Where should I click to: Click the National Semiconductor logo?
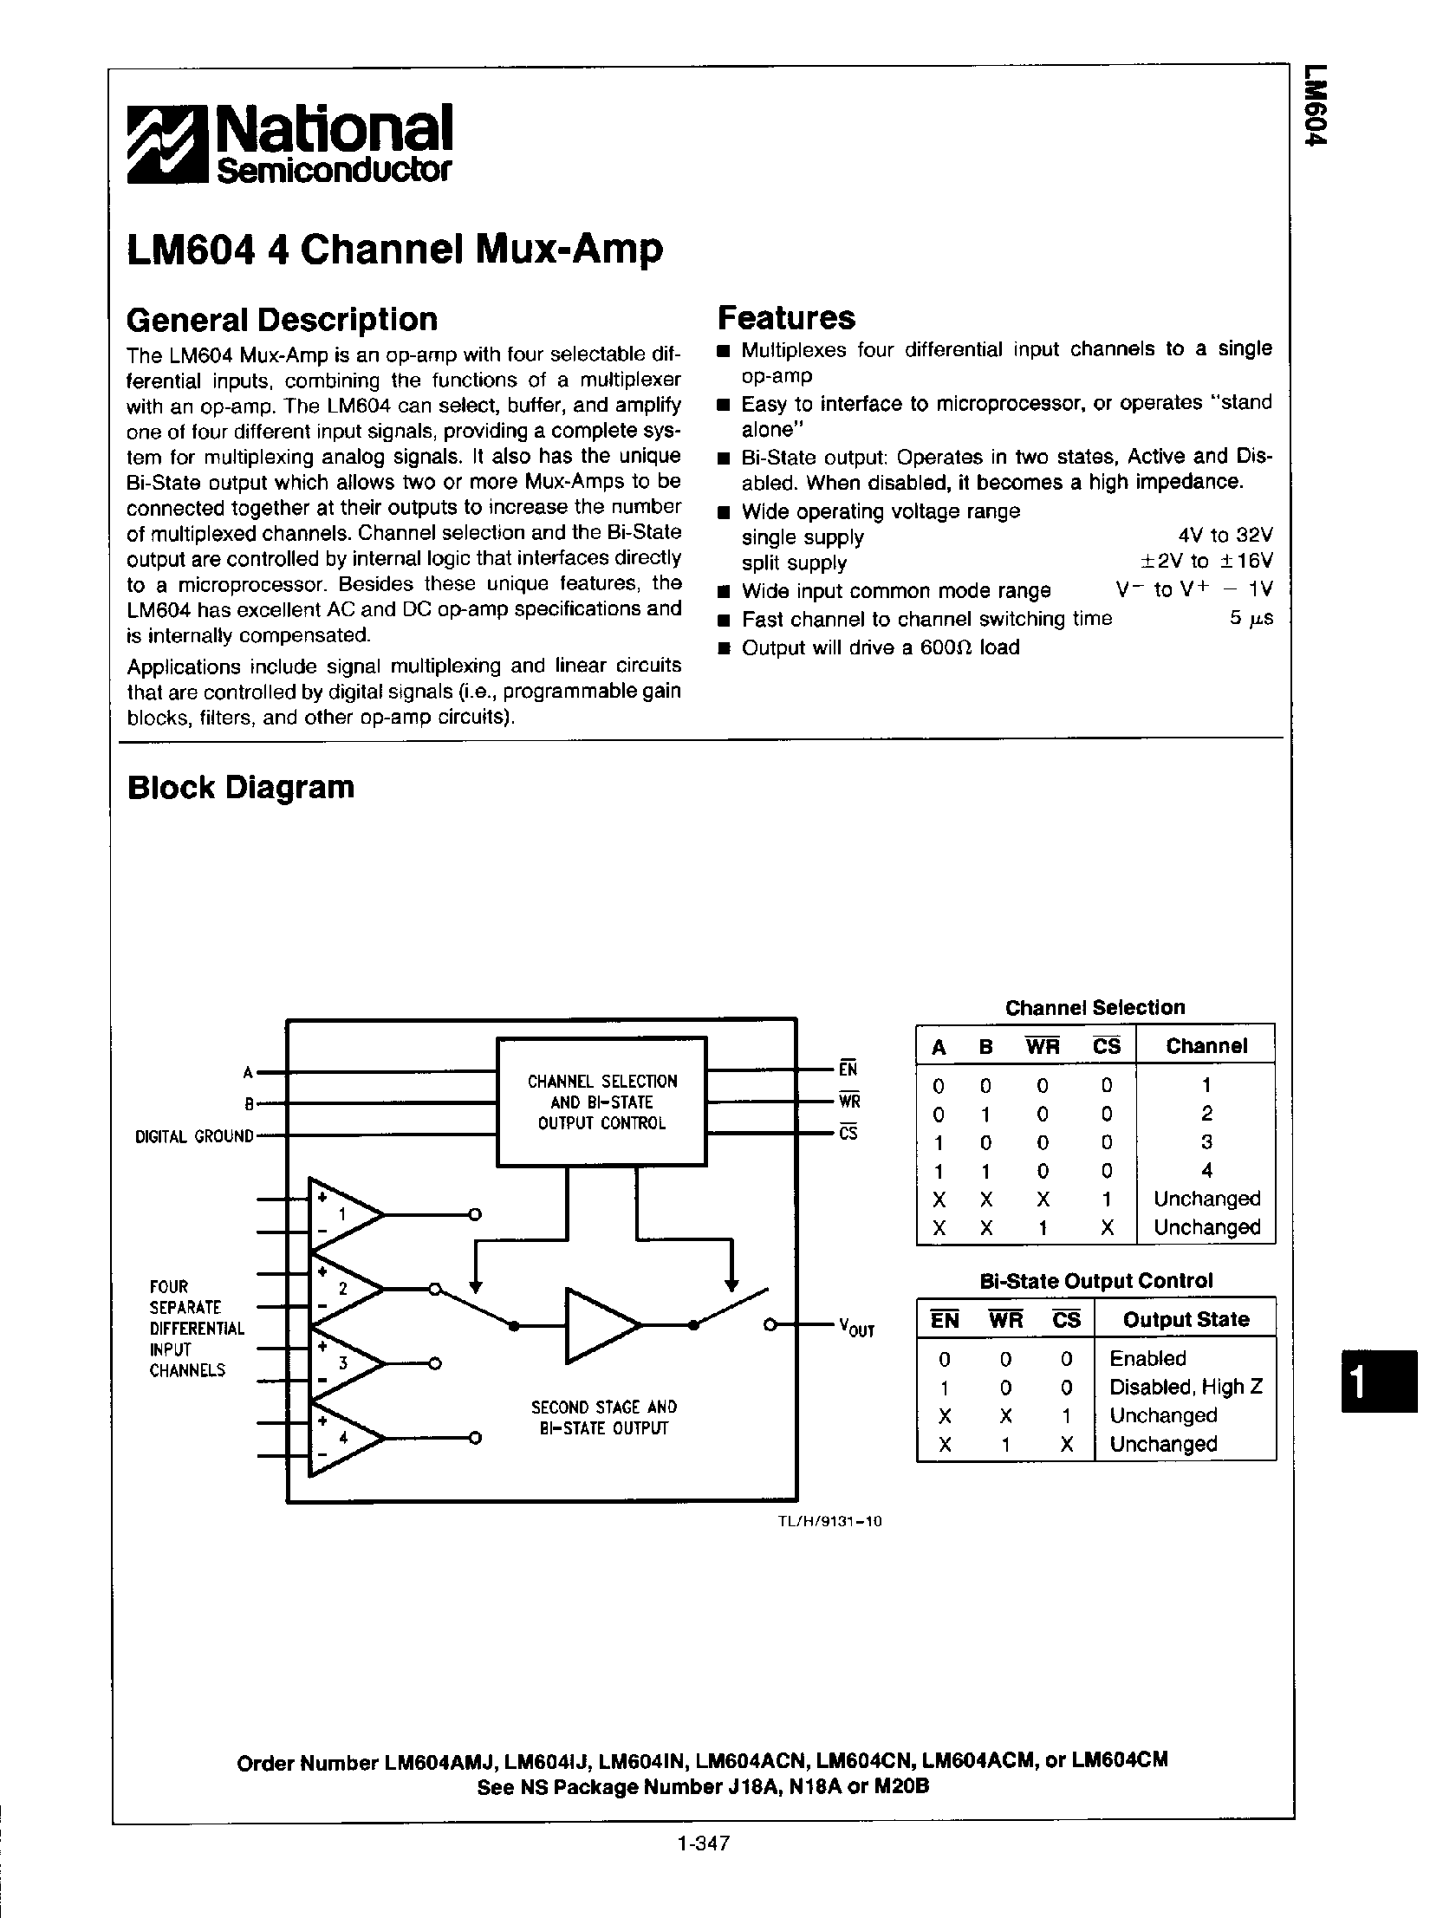[x=289, y=144]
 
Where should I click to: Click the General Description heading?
[x=282, y=320]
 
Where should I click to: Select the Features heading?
[x=786, y=318]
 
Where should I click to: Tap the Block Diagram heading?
[x=241, y=787]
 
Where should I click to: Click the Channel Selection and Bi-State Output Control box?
[x=601, y=1102]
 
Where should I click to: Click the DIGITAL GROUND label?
[x=194, y=1136]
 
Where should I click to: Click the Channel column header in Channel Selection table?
[x=1206, y=1046]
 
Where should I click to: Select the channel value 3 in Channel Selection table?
[x=1206, y=1142]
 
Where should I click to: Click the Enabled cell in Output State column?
[x=1147, y=1359]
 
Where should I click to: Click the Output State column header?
[x=1186, y=1320]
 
